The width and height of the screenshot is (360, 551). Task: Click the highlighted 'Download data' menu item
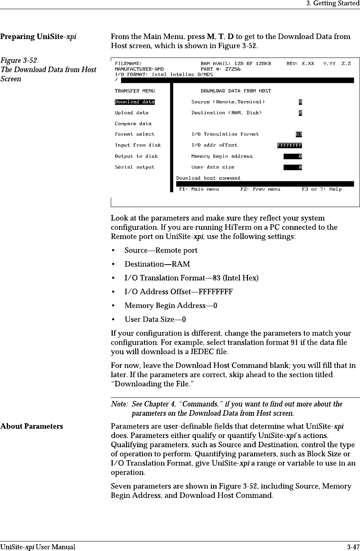coord(135,102)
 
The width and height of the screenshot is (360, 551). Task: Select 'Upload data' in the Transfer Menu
coord(131,113)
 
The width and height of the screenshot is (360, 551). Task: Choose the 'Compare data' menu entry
coord(133,124)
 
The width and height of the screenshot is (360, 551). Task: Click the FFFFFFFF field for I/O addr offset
coord(289,145)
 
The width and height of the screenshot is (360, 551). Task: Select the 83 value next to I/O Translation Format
coord(298,134)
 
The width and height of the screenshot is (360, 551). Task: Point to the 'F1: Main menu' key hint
coord(199,189)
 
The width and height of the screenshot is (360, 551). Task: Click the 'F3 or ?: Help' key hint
coord(321,189)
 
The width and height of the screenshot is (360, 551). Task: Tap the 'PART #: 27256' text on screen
coord(220,69)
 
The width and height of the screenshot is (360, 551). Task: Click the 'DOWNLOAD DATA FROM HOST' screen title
coord(236,91)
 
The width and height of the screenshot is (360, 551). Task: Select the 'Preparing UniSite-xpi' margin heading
coord(39,37)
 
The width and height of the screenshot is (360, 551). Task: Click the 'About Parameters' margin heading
coord(32,426)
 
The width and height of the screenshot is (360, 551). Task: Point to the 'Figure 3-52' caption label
coord(19,60)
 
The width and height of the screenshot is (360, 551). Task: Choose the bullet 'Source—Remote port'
coord(161,250)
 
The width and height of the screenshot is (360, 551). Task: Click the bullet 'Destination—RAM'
coord(157,264)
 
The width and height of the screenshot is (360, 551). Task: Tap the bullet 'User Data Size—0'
coord(155,320)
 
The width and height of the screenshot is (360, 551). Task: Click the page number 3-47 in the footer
coord(353,547)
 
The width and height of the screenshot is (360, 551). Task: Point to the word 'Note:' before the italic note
coord(119,404)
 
